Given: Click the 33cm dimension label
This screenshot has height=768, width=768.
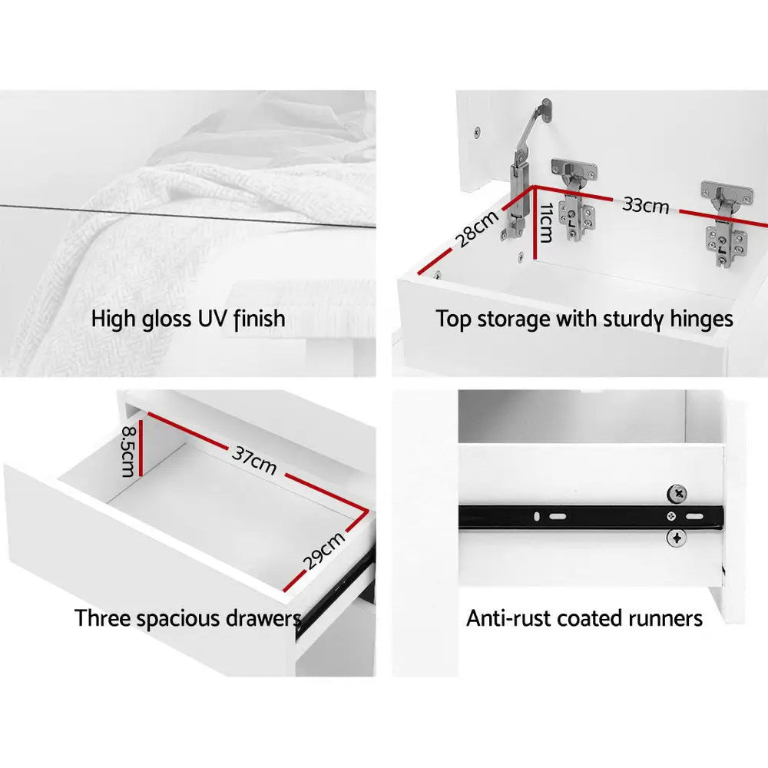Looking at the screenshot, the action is [x=646, y=205].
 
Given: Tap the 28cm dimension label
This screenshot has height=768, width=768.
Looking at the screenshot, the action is [x=476, y=228].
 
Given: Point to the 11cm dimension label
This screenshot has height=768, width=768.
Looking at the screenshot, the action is [x=546, y=223].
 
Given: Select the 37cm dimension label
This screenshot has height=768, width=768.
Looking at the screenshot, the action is [x=254, y=460].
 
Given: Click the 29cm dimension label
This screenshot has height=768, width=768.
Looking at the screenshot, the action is [x=324, y=551].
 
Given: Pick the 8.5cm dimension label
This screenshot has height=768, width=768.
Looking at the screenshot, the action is [x=128, y=451].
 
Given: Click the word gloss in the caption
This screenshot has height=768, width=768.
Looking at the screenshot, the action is [x=167, y=319].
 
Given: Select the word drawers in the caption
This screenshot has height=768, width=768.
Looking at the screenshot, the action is [x=263, y=618].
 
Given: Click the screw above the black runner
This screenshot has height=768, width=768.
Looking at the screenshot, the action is [x=677, y=494].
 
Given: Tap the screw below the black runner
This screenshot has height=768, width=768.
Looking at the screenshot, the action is [x=677, y=538].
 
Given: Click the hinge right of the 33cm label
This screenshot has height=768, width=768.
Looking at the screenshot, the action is [x=726, y=223].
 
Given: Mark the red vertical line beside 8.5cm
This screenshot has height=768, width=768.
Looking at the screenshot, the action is [x=141, y=449].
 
